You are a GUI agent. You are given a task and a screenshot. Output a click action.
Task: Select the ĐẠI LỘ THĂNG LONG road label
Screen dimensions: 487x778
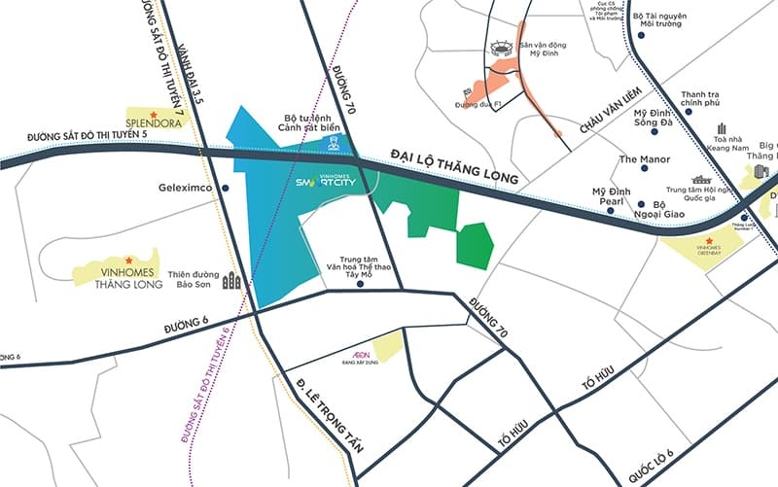point(454,166)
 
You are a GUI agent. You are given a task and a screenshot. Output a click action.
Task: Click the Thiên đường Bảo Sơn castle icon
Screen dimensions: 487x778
point(231,282)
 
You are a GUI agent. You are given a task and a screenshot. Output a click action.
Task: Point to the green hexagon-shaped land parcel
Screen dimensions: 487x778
point(475,245)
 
